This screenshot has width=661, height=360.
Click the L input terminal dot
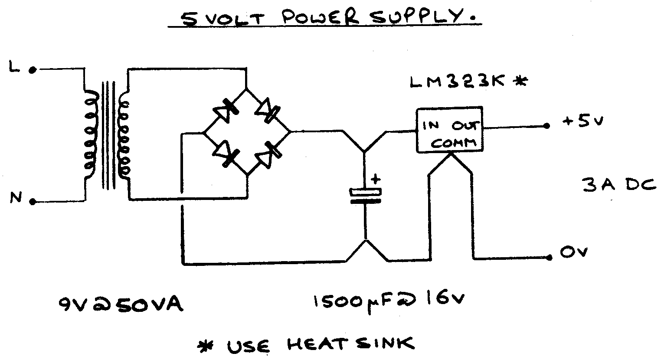[x=32, y=69]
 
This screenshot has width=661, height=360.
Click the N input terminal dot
[x=33, y=202]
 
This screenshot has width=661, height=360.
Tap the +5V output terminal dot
[x=547, y=126]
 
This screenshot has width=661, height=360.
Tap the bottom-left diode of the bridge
[x=226, y=154]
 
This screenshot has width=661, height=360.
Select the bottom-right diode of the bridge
[x=269, y=153]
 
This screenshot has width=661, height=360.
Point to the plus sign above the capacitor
[x=376, y=178]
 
